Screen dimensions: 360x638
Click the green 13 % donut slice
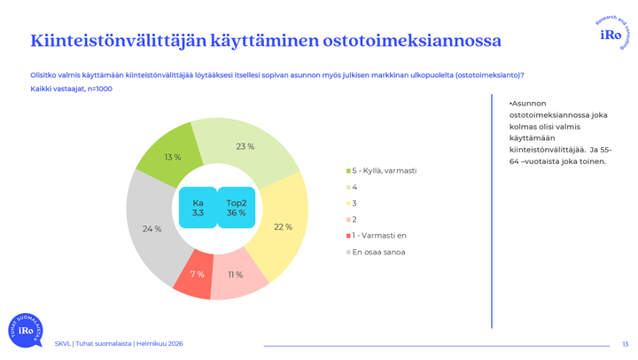(x=167, y=153)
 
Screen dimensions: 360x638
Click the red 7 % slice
(x=195, y=276)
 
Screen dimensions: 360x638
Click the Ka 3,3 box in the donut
(x=198, y=207)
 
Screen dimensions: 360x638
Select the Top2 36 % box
(x=236, y=207)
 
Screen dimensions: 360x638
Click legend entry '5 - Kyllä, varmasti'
(x=384, y=170)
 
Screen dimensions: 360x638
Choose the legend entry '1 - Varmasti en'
(x=379, y=236)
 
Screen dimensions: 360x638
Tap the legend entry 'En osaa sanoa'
(x=377, y=252)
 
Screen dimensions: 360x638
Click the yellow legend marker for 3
(x=348, y=203)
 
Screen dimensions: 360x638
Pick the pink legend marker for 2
(x=348, y=219)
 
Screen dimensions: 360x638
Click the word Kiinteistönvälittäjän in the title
(x=117, y=41)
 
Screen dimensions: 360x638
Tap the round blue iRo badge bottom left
(x=25, y=329)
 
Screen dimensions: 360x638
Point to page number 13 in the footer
(x=625, y=344)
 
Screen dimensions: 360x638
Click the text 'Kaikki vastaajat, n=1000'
(x=71, y=89)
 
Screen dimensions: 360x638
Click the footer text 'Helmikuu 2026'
(x=163, y=344)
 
